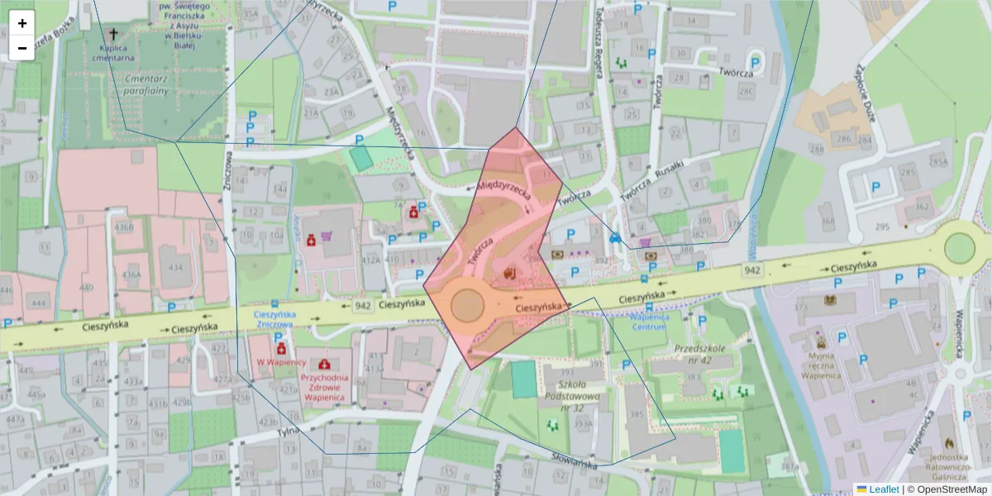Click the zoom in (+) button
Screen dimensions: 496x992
(x=22, y=23)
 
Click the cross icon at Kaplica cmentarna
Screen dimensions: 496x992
(x=113, y=36)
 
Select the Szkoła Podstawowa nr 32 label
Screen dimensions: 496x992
(x=572, y=396)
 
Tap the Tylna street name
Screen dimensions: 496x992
(x=287, y=431)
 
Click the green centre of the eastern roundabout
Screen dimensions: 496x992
(x=959, y=247)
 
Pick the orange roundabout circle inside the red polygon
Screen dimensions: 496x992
(x=467, y=305)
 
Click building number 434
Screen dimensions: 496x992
(x=175, y=268)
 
